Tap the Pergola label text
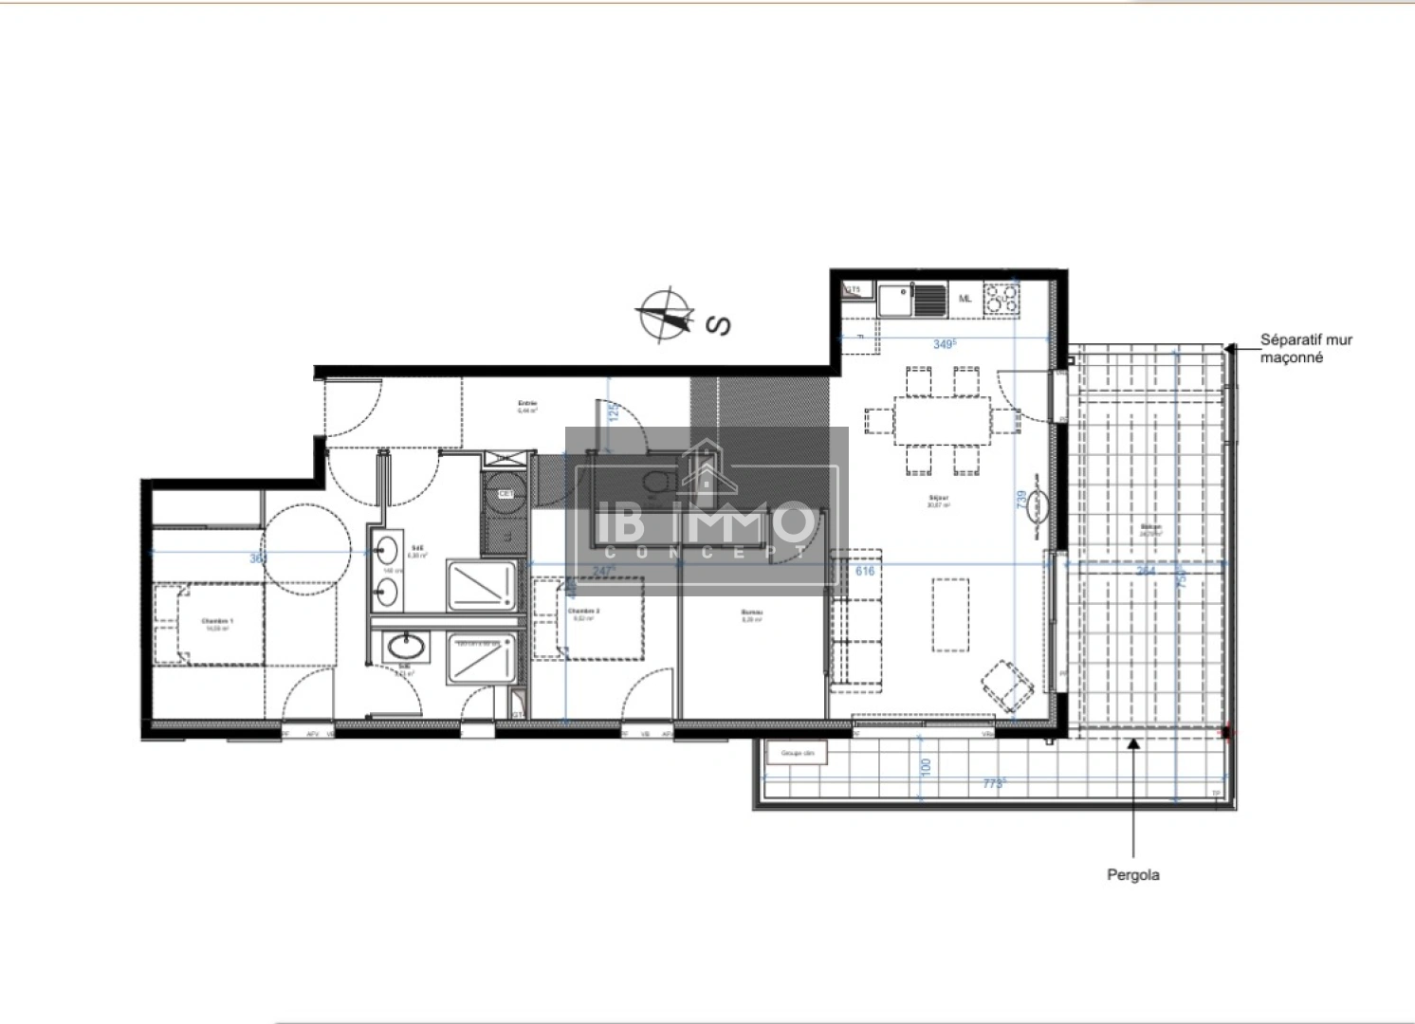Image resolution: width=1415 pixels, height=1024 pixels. click(x=1132, y=875)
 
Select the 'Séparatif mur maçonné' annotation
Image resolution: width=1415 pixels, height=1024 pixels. click(x=1305, y=349)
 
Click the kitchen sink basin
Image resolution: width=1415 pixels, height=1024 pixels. click(x=893, y=301)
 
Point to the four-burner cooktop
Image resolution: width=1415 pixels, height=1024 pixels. click(x=1002, y=301)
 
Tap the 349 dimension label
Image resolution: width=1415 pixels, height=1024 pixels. click(x=944, y=344)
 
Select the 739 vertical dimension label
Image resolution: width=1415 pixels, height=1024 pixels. click(x=1020, y=501)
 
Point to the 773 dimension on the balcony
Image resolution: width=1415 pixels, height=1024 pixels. click(x=994, y=783)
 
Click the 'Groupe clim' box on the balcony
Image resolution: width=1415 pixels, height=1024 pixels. click(x=798, y=754)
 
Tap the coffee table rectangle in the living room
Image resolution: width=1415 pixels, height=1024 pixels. click(x=949, y=614)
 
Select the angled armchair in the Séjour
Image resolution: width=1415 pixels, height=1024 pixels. click(x=1006, y=686)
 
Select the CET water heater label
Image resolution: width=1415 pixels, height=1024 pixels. click(x=505, y=494)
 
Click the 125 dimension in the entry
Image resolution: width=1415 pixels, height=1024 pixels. click(x=613, y=412)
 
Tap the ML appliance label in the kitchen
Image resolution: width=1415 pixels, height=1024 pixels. click(x=965, y=299)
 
